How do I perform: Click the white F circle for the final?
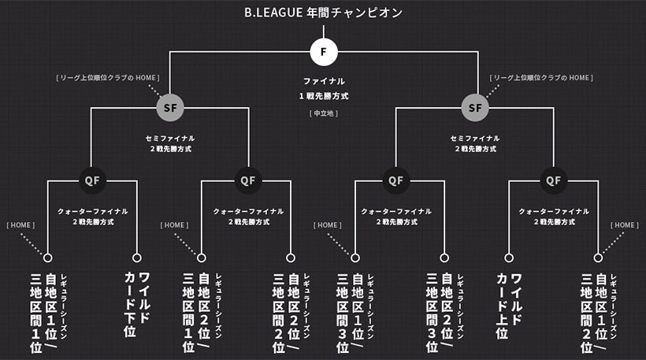point(324,52)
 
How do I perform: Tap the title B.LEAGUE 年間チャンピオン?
point(324,13)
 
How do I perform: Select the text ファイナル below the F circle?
point(324,81)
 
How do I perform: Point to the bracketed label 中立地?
point(324,113)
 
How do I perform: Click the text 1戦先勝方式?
point(324,96)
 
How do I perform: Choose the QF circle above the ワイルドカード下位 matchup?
point(92,180)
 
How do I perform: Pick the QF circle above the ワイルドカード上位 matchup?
point(553,180)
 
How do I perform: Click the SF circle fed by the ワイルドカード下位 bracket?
point(170,108)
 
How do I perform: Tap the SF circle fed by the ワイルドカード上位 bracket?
point(475,108)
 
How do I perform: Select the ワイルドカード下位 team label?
point(137,304)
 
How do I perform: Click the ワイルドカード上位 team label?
point(509,306)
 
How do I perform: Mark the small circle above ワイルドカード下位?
point(137,258)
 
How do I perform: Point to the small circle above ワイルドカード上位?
point(509,258)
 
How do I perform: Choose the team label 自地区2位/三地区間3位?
point(445,313)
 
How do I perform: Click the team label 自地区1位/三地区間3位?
point(355,313)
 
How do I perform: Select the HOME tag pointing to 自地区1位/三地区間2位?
point(625,225)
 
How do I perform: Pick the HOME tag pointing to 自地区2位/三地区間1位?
point(174,225)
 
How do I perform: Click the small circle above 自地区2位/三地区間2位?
point(291,258)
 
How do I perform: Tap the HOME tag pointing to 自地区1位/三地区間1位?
point(20,225)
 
